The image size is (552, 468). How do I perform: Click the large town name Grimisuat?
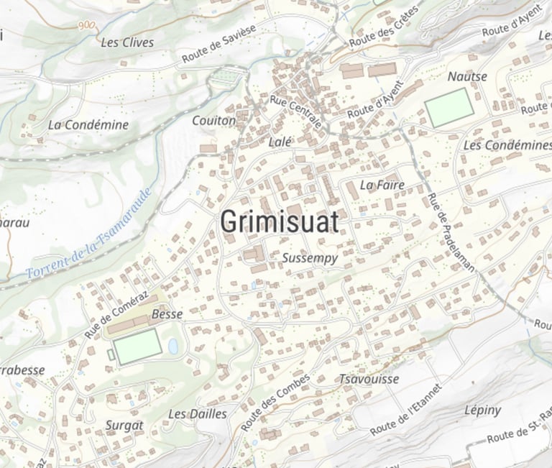click(x=279, y=222)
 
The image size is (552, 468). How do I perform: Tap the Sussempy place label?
click(x=310, y=258)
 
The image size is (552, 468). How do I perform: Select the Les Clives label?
click(x=127, y=42)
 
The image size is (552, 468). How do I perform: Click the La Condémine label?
click(x=88, y=124)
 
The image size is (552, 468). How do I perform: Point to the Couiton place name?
click(x=213, y=121)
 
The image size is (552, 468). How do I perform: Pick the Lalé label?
click(x=280, y=142)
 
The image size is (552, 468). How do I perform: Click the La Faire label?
click(x=382, y=185)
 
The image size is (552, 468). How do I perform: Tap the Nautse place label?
click(x=467, y=76)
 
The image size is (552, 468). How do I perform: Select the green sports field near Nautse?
click(x=449, y=107)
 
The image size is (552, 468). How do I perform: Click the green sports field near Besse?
click(x=137, y=347)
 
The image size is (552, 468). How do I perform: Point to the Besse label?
click(x=167, y=314)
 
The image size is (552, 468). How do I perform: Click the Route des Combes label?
click(x=277, y=403)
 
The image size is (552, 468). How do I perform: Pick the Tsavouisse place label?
click(x=368, y=379)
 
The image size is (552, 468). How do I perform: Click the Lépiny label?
click(x=482, y=410)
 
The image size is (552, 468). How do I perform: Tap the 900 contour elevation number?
click(x=87, y=24)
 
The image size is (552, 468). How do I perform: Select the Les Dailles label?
click(x=197, y=414)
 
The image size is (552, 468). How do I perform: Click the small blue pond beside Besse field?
click(x=173, y=347)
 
